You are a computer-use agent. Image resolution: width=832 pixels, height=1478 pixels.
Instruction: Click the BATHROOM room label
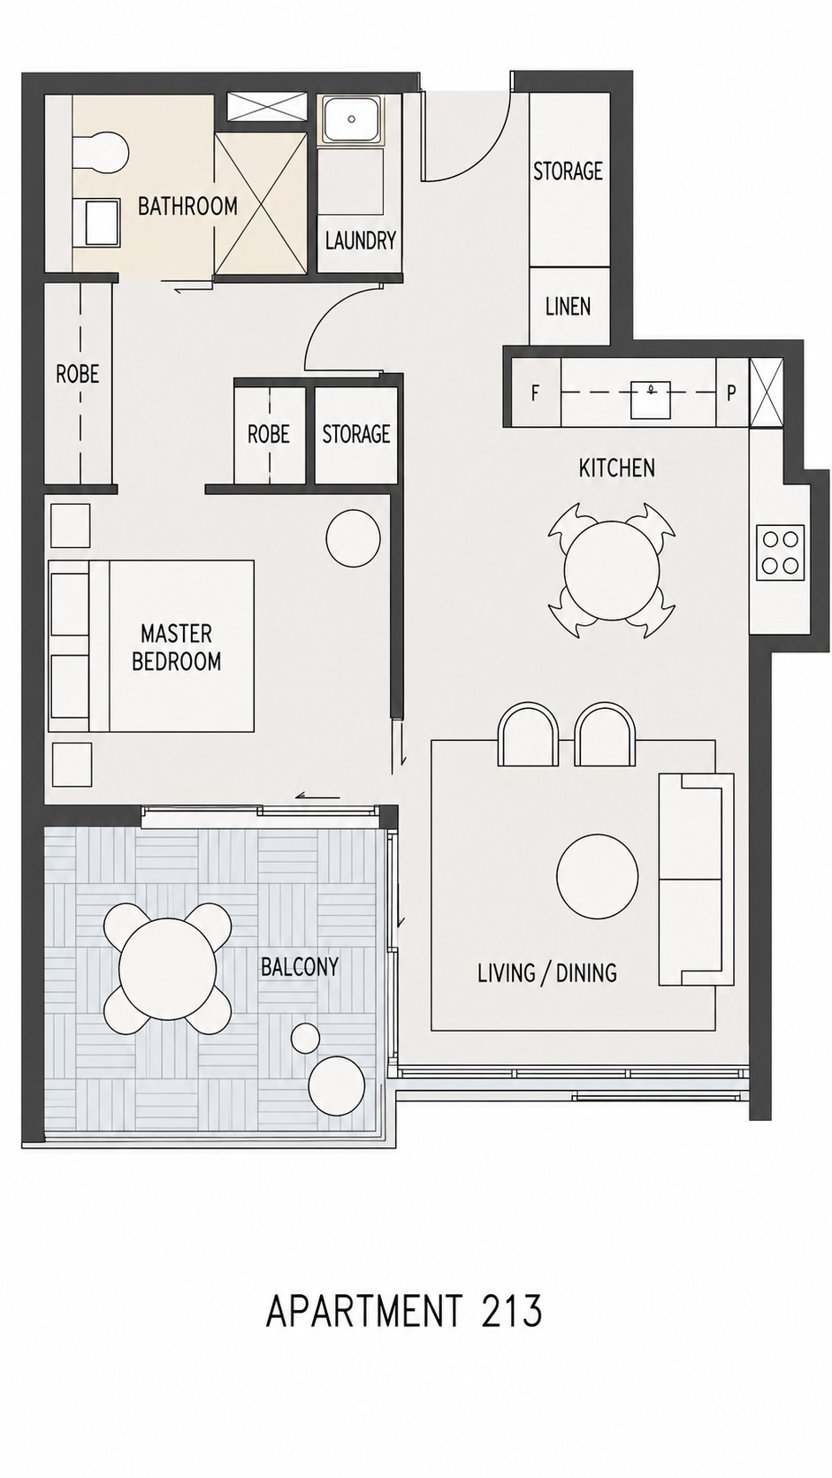(x=187, y=206)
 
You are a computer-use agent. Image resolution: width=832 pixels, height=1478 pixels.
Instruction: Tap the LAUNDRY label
(x=360, y=240)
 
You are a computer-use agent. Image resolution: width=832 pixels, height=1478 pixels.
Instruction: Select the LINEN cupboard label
(x=569, y=306)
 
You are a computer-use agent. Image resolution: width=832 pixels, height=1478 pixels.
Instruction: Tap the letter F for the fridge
(x=535, y=394)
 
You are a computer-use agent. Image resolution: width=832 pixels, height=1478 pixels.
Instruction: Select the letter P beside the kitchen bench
(x=731, y=394)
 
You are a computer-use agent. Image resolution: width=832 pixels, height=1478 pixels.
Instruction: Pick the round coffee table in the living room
(x=598, y=877)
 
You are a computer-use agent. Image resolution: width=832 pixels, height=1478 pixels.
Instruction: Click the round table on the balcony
(x=168, y=967)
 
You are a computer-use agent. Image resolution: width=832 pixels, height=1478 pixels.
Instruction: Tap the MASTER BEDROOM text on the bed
(x=176, y=647)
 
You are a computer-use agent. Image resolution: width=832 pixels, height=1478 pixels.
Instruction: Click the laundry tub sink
(x=350, y=119)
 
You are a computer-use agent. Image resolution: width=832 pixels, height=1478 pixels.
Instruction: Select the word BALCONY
(x=300, y=967)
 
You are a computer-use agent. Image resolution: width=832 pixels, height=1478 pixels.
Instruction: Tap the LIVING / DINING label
(x=547, y=973)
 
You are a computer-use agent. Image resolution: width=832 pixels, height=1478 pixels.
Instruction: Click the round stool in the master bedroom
(x=353, y=538)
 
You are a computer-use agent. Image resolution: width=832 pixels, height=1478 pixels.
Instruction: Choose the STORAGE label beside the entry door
(x=569, y=171)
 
